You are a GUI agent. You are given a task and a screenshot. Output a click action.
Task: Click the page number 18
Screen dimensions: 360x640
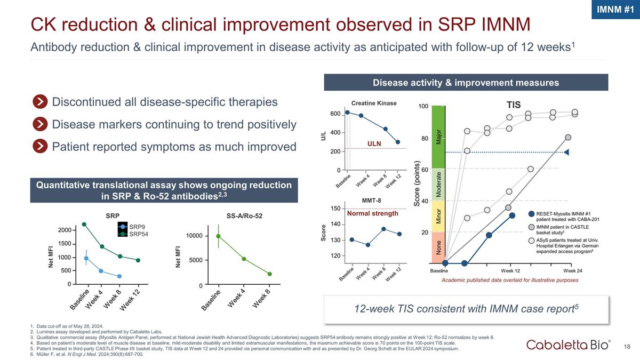point(628,346)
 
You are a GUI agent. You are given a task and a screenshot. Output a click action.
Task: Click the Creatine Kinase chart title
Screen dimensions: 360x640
point(374,103)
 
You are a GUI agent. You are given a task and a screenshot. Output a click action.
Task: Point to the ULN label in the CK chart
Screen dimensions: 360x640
point(374,143)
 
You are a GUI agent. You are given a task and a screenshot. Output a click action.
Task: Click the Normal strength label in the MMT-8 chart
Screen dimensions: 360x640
point(373,213)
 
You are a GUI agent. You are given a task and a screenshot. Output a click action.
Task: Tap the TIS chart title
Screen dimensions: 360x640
point(514,105)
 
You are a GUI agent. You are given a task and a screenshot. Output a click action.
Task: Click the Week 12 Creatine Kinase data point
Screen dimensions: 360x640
point(398,142)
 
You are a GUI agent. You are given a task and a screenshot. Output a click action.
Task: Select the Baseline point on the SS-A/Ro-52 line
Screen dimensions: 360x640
point(218,236)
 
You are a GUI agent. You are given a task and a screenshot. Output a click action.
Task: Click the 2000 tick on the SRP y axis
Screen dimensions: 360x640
point(64,230)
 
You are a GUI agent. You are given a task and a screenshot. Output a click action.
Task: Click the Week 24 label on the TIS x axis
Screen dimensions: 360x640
point(573,270)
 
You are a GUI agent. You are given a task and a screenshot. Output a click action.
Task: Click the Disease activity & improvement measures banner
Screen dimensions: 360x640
point(466,83)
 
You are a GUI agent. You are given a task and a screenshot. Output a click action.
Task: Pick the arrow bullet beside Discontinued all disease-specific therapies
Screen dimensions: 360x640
point(39,102)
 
